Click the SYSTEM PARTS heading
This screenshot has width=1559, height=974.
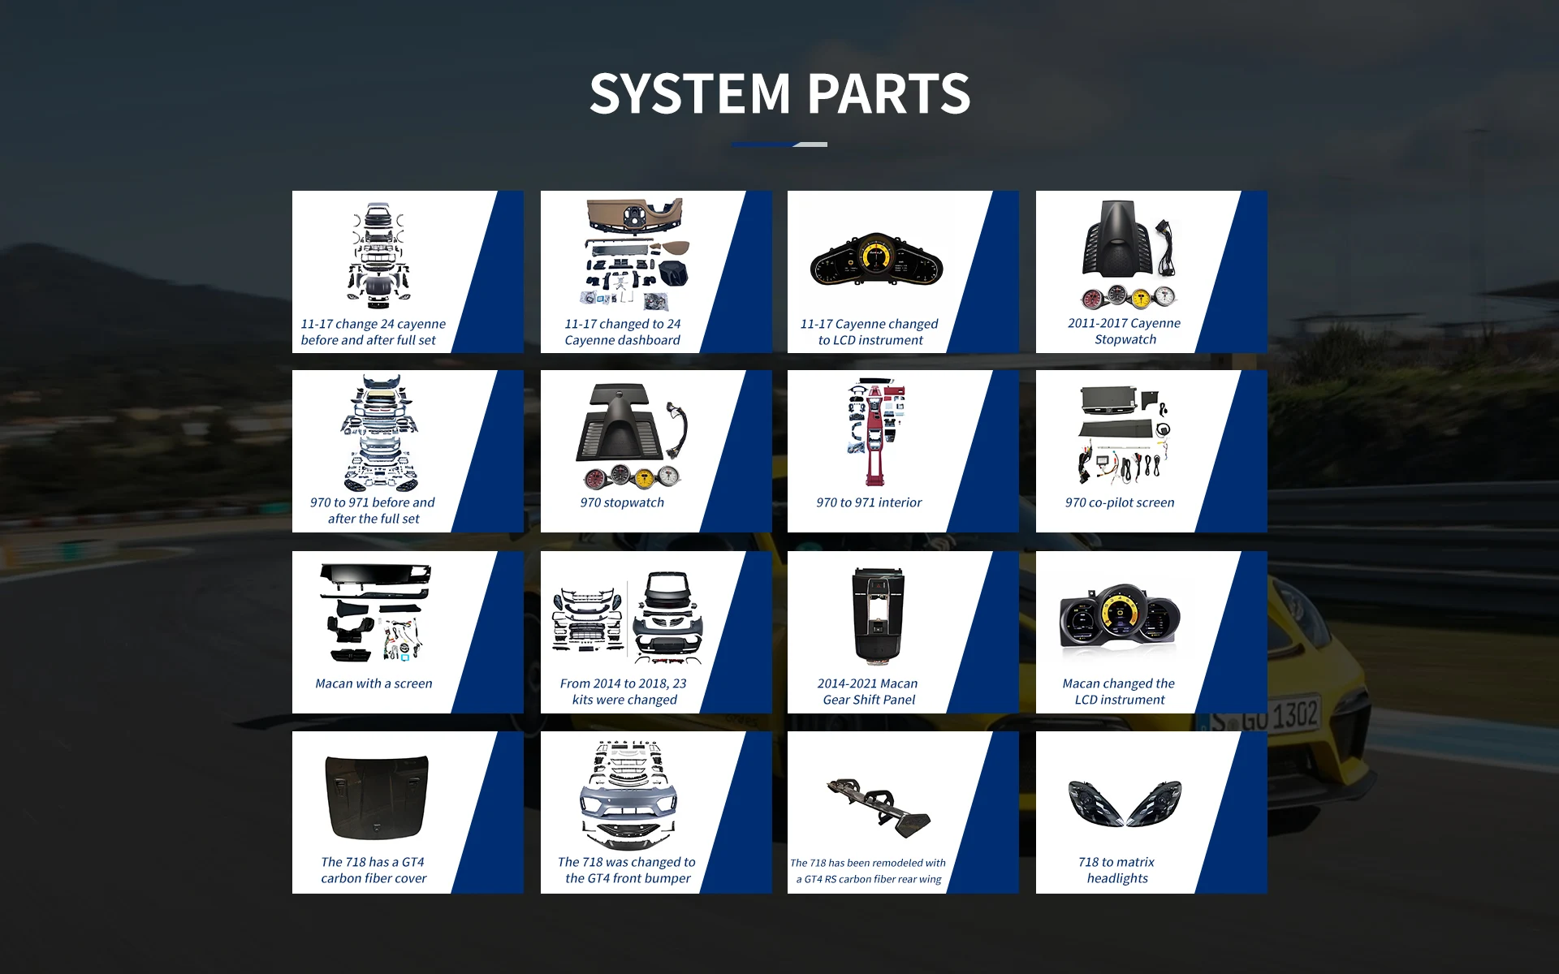pyautogui.click(x=779, y=93)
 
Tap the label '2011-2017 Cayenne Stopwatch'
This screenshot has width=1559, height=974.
pyautogui.click(x=1125, y=331)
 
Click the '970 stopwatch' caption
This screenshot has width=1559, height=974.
pyautogui.click(x=622, y=502)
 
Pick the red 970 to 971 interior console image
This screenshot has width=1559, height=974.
pyautogui.click(x=874, y=431)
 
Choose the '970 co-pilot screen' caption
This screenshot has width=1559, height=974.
pyautogui.click(x=1120, y=502)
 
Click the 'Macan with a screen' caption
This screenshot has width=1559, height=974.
pyautogui.click(x=374, y=683)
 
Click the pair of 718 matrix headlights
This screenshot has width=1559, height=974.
pyautogui.click(x=1125, y=803)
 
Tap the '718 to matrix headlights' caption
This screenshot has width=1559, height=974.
pyautogui.click(x=1117, y=870)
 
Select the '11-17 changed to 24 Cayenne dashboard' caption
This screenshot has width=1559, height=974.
pyautogui.click(x=623, y=332)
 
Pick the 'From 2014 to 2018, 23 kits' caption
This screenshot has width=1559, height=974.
pyautogui.click(x=624, y=692)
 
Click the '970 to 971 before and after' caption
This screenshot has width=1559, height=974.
pyautogui.click(x=373, y=511)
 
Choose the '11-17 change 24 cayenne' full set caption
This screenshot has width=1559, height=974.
pyautogui.click(x=373, y=332)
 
